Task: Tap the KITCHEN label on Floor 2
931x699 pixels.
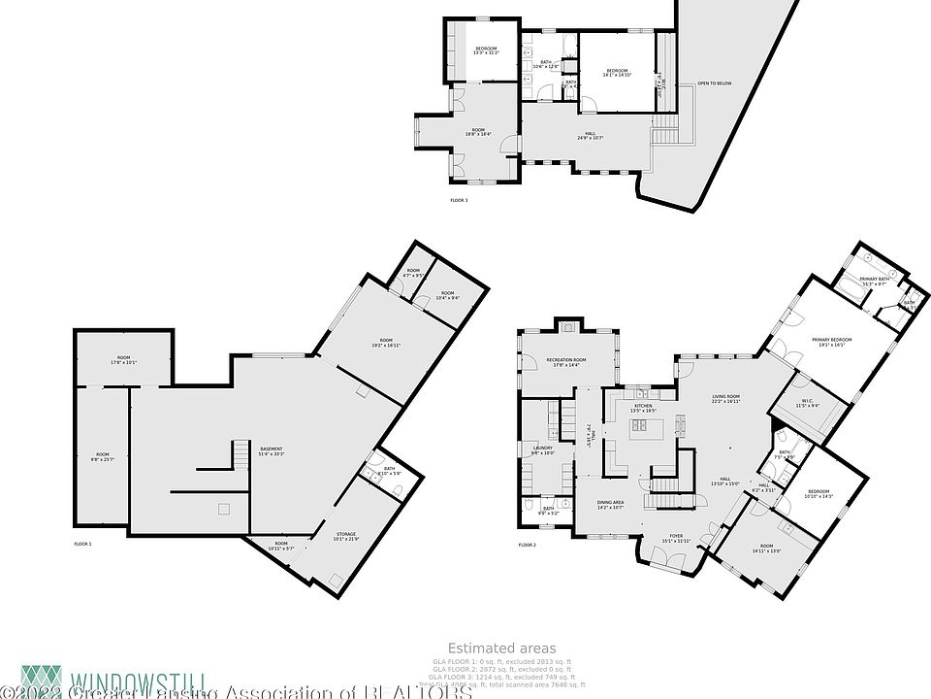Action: (x=643, y=406)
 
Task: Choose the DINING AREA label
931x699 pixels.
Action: (x=610, y=502)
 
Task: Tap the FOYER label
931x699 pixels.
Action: (x=676, y=536)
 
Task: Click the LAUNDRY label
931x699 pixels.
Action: (x=541, y=448)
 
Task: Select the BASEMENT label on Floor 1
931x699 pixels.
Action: (x=271, y=449)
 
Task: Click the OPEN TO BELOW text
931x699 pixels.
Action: (x=714, y=83)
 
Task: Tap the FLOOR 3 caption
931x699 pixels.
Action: (x=459, y=201)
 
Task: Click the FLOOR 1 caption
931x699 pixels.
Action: (x=82, y=545)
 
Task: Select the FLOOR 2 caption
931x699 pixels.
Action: (x=527, y=546)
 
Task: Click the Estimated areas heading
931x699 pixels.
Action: (x=501, y=648)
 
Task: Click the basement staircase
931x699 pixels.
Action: (x=240, y=452)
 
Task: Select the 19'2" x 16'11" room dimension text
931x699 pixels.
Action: (x=386, y=345)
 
